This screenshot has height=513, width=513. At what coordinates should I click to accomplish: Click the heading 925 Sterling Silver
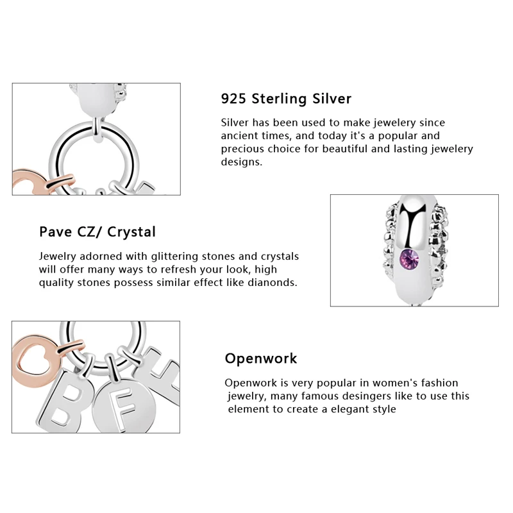(286, 99)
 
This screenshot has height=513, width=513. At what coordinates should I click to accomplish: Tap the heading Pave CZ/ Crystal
(97, 231)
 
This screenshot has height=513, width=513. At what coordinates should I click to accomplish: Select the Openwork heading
(261, 358)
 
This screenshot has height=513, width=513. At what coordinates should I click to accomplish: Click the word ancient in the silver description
(240, 136)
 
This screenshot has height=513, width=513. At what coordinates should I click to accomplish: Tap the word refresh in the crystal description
(189, 269)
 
